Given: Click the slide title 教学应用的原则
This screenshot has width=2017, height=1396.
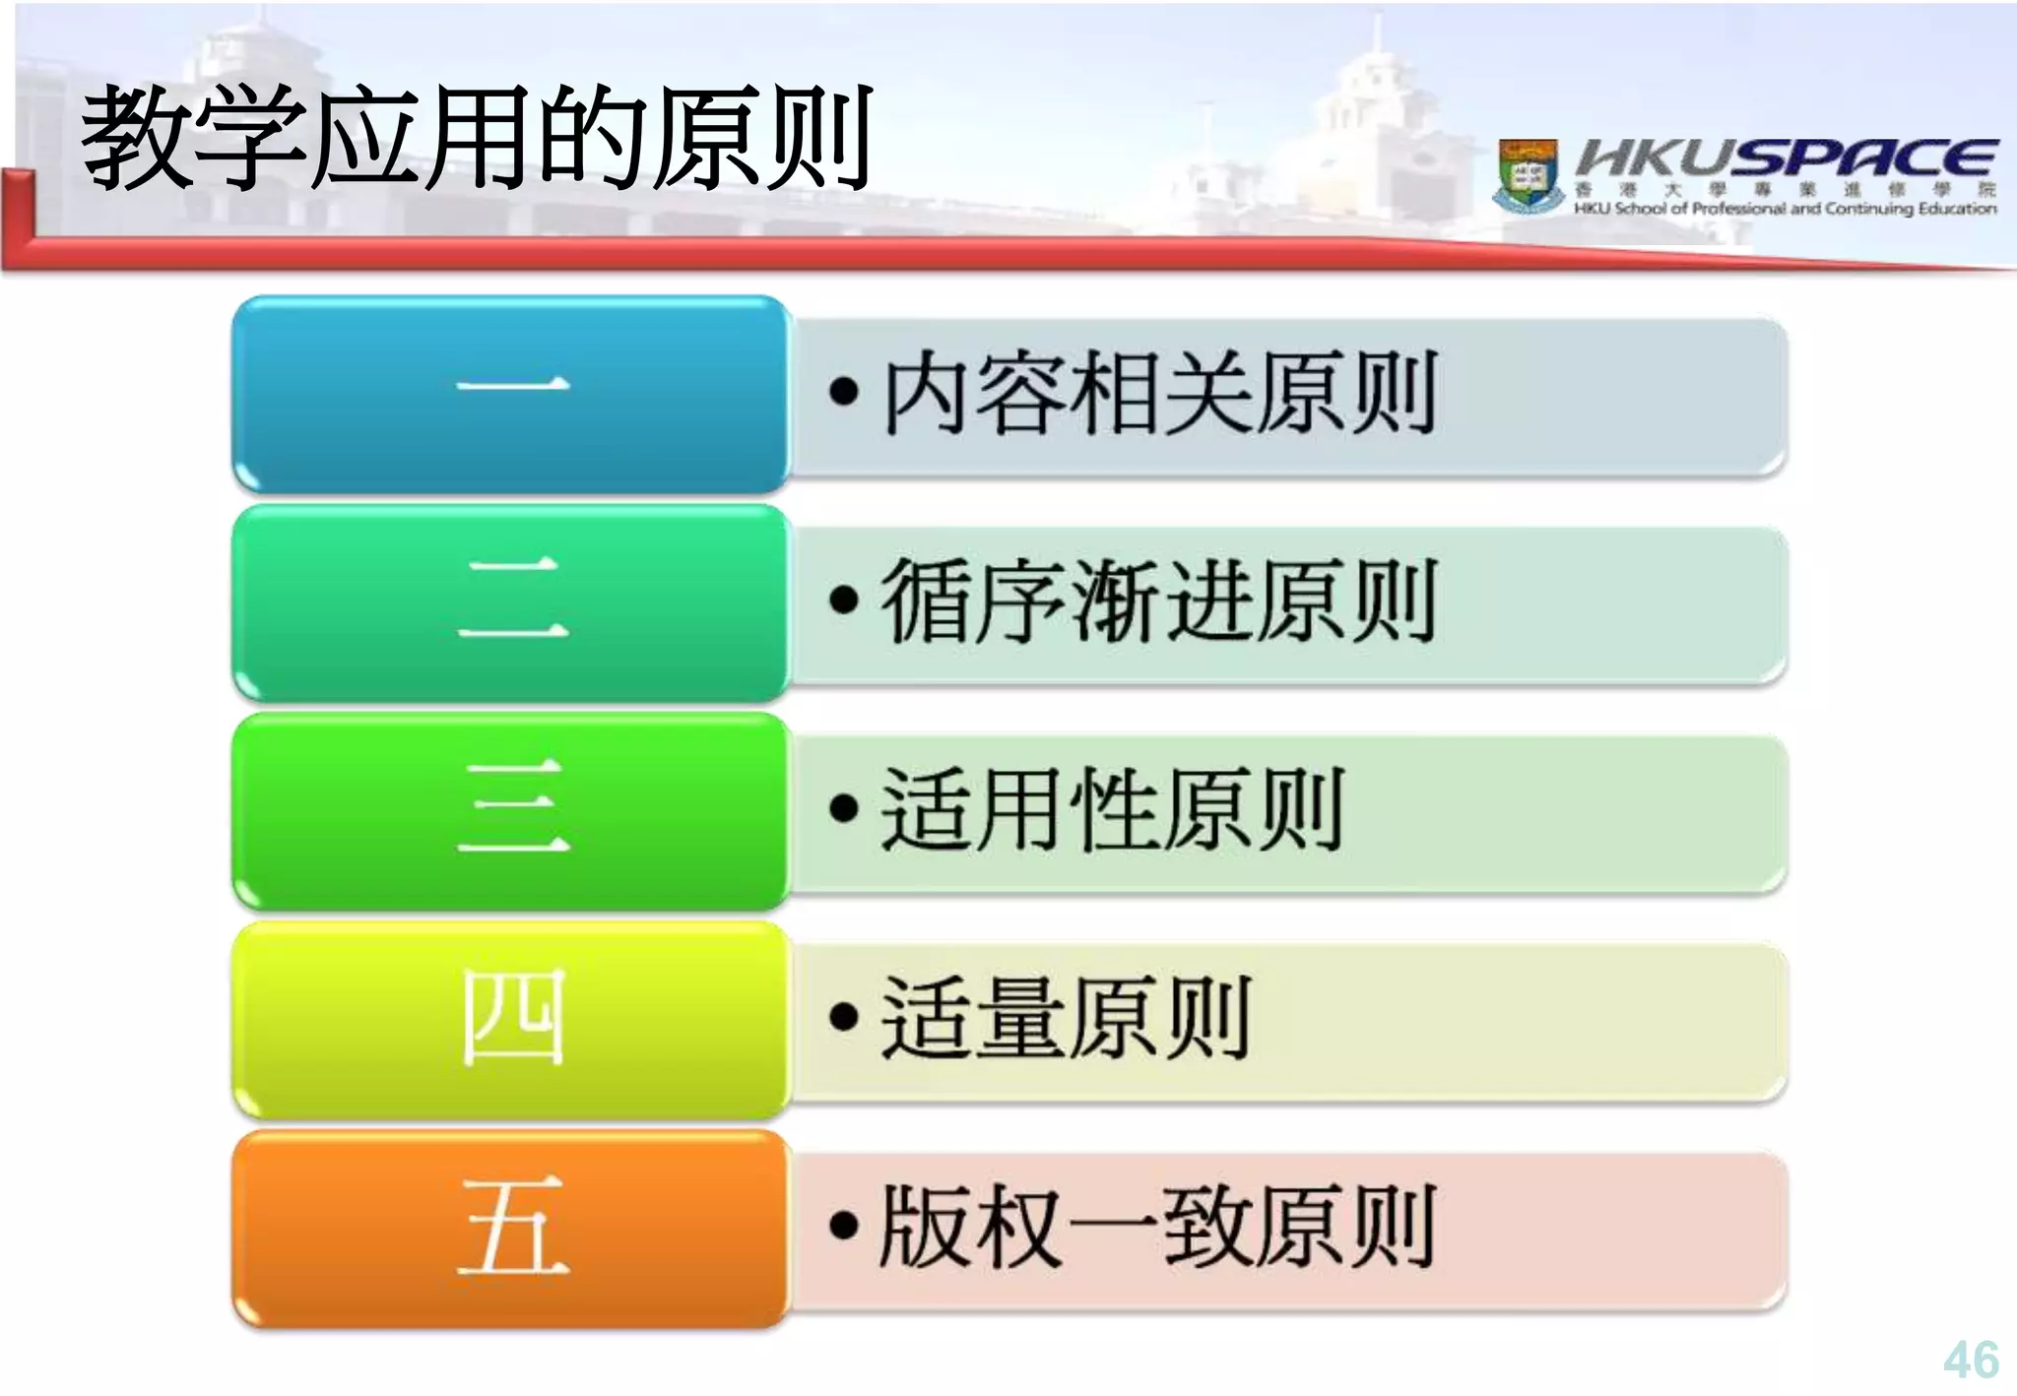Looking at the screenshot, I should (477, 138).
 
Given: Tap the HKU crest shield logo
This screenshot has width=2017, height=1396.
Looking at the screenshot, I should (1529, 175).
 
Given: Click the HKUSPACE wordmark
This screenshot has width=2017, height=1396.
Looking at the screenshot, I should (1786, 158).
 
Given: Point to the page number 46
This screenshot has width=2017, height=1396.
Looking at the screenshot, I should (1971, 1360).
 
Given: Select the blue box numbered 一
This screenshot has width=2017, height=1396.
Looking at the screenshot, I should (512, 394).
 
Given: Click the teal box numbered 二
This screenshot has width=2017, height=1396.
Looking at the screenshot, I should (512, 603).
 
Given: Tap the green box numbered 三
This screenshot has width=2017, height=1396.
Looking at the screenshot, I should (512, 811).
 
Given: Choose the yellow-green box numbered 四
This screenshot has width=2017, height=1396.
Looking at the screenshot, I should (512, 1020).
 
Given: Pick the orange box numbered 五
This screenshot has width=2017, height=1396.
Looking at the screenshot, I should (512, 1229).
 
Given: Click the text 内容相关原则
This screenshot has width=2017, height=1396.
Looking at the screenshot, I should (1159, 394).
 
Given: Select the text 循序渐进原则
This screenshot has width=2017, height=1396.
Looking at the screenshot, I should (1159, 601).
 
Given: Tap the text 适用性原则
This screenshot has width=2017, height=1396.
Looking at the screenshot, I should (1112, 809).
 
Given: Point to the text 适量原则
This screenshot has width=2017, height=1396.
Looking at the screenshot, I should (1065, 1018).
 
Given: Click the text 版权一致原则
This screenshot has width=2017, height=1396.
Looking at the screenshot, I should (1157, 1227).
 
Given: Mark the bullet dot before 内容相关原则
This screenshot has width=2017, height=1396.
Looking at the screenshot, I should (844, 392).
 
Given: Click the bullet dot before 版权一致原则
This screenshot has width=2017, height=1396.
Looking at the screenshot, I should (844, 1226).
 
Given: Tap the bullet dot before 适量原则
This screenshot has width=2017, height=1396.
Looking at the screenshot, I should (844, 1017).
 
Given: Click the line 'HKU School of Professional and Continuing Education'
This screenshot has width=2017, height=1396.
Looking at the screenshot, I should (1785, 209).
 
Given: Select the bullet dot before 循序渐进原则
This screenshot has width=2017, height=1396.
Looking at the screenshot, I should (844, 600).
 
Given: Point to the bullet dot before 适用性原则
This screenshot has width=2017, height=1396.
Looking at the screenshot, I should (844, 808).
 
